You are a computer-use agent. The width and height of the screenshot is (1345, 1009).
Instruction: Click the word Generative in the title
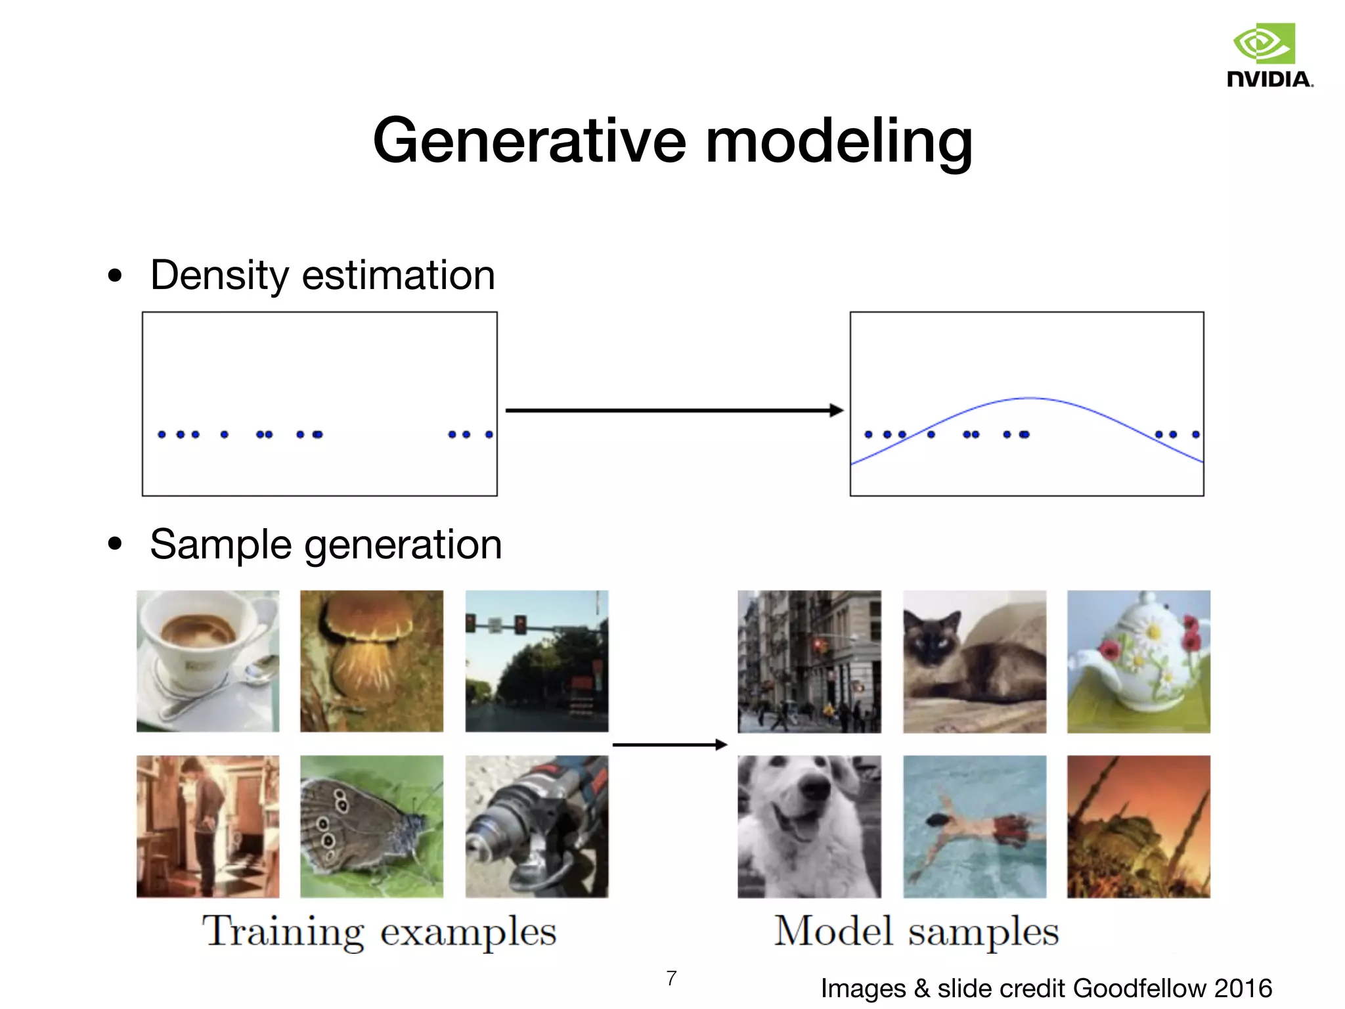(x=529, y=141)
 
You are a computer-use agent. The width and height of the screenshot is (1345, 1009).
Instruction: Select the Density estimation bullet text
(x=322, y=275)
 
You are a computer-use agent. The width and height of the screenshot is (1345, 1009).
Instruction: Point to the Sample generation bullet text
(x=326, y=545)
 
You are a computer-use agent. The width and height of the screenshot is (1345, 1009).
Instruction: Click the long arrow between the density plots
(x=673, y=411)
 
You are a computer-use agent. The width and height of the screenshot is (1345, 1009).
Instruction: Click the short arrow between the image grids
(x=670, y=744)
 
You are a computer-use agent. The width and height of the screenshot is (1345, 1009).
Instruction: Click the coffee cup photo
(x=208, y=661)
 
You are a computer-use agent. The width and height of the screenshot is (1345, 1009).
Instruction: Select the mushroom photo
(x=372, y=661)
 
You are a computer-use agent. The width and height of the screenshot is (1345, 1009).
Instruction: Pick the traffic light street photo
(x=537, y=661)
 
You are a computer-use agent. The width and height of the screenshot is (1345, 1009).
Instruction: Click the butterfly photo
(x=372, y=826)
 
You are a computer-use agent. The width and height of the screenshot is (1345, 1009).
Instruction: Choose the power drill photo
(x=537, y=826)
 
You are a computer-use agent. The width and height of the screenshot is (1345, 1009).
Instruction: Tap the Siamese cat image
(x=975, y=661)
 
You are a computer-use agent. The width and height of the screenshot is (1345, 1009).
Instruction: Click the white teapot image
(x=1138, y=661)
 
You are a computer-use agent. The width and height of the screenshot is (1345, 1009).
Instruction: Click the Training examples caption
(x=380, y=931)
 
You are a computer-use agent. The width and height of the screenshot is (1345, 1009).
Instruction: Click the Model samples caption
(x=917, y=931)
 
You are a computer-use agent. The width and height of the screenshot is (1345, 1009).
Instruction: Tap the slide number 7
(x=671, y=978)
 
